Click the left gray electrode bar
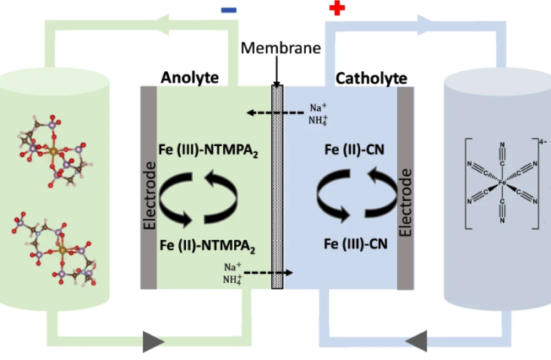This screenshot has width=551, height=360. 149,187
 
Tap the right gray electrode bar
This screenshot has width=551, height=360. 406,187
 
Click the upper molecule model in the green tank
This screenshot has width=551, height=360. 53,148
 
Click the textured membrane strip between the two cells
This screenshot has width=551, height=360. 277,187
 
